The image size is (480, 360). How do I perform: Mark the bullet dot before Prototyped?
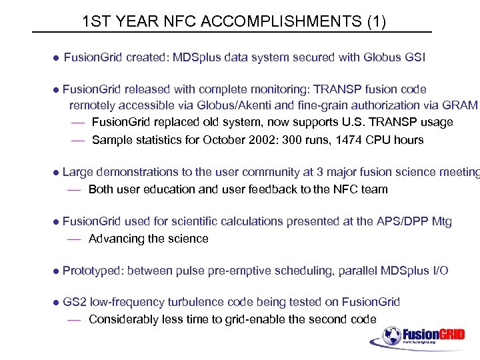click(x=56, y=271)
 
